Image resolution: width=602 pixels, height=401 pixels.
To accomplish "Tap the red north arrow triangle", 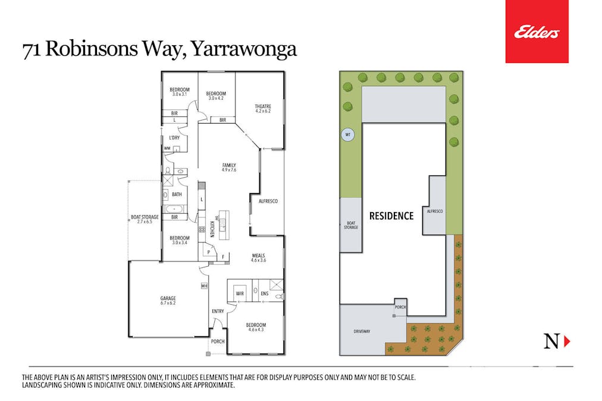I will tap(567, 341).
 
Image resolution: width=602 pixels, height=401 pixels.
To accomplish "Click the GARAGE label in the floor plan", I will tap(168, 298).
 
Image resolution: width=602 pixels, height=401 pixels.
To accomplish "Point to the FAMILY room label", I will tap(229, 165).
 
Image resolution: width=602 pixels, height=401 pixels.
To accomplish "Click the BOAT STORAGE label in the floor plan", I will tap(145, 217).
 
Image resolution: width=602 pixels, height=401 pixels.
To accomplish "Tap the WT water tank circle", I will tap(347, 135).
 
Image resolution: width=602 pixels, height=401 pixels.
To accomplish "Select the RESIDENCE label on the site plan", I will tap(391, 216).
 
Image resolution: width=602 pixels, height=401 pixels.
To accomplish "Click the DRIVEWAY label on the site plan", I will tap(362, 331).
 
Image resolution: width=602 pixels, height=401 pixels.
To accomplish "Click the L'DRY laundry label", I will tap(174, 138).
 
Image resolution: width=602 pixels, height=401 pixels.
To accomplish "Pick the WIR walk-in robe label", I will tap(240, 293).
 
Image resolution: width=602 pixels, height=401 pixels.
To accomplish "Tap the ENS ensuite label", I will tap(265, 293).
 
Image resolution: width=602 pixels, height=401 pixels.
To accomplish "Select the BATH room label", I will tap(177, 194).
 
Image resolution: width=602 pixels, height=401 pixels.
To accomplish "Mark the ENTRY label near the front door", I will tap(218, 311).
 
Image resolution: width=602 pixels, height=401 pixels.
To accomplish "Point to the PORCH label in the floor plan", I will tap(217, 342).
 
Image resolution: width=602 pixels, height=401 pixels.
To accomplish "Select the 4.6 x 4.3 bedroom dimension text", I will tap(256, 330).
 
